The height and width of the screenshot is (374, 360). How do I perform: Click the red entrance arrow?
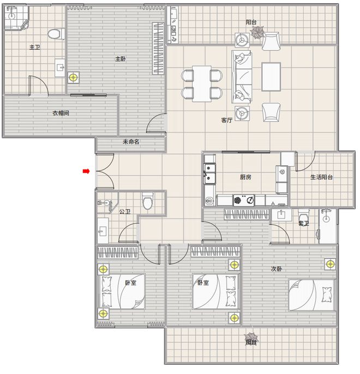[x=86, y=171]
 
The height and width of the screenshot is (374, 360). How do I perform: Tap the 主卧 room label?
[x=120, y=58]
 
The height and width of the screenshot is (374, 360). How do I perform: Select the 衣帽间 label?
[x=61, y=113]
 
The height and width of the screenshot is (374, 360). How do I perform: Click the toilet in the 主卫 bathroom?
[x=56, y=34]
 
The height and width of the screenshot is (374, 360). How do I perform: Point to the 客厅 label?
[x=226, y=120]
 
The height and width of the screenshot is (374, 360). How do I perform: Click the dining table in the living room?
[x=202, y=84]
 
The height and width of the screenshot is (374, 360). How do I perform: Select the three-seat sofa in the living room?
[x=242, y=77]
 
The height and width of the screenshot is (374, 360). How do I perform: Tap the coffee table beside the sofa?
[x=271, y=77]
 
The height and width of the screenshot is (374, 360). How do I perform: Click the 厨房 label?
[x=245, y=177]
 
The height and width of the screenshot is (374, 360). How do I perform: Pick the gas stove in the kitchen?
[x=244, y=200]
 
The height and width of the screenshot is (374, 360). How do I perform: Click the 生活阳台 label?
[x=321, y=177]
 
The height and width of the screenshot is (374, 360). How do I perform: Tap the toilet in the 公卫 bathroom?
[x=148, y=201]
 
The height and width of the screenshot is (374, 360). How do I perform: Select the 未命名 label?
[x=131, y=142]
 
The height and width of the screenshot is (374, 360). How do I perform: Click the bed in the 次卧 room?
[x=311, y=295]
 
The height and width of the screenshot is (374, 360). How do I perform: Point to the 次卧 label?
[x=276, y=269]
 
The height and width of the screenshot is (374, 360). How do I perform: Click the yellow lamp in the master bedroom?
[x=74, y=77]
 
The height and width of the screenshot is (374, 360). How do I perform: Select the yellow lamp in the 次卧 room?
[x=331, y=264]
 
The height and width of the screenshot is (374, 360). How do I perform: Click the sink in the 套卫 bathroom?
[x=281, y=214]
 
